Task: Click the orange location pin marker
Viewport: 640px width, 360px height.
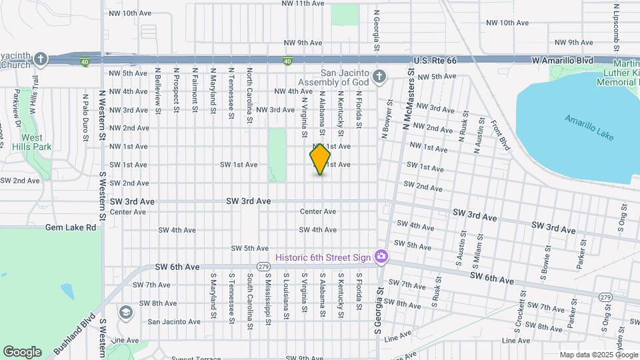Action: tap(321, 159)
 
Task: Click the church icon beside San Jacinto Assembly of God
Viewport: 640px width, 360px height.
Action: tap(379, 77)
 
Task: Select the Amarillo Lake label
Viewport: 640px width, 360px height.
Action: tap(589, 128)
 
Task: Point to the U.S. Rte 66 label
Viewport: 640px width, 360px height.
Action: tap(435, 61)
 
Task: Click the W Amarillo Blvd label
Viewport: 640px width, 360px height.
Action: tap(563, 61)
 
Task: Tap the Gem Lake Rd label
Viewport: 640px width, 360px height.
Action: tap(71, 227)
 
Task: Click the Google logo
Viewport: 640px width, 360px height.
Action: tap(22, 351)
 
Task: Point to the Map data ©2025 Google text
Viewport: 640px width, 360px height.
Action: tap(597, 355)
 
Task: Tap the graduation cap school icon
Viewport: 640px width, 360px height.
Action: tap(125, 312)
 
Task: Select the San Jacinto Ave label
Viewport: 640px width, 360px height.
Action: tap(173, 321)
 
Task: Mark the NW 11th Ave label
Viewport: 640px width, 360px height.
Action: tap(303, 3)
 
